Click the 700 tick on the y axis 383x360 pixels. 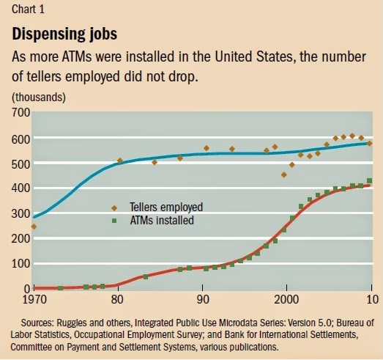[x=19, y=113]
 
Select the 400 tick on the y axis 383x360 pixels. [x=19, y=188]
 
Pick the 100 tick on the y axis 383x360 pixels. [x=19, y=263]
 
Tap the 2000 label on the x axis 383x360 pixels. [x=286, y=299]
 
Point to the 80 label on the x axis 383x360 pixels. [x=118, y=299]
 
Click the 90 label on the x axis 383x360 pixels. [x=202, y=299]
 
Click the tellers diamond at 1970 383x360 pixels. [x=34, y=227]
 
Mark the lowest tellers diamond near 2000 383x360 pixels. [x=284, y=175]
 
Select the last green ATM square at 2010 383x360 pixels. [x=370, y=180]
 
